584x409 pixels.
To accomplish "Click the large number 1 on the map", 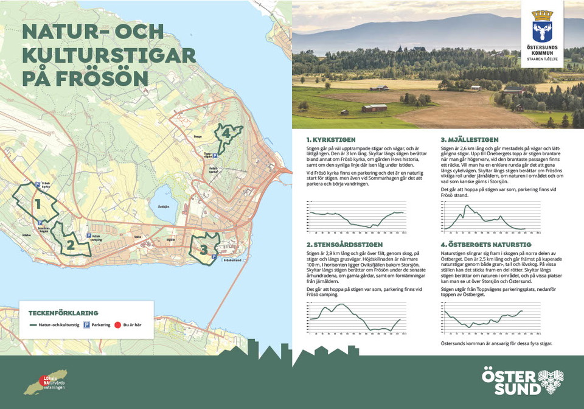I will pyautogui.click(x=37, y=203).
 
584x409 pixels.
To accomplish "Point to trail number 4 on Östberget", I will pyautogui.click(x=226, y=133).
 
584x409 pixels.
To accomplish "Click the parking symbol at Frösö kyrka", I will pyautogui.click(x=36, y=184).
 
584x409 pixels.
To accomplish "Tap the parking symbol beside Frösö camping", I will pyautogui.click(x=89, y=236).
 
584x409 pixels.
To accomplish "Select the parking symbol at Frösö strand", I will pyautogui.click(x=214, y=257).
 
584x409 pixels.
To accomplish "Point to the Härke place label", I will pyautogui.click(x=26, y=234).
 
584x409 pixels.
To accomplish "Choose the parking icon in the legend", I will pyautogui.click(x=86, y=325).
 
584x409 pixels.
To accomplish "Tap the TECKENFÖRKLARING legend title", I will pyautogui.click(x=63, y=313).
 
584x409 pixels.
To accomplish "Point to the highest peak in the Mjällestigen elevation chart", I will pyautogui.click(x=467, y=206).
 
